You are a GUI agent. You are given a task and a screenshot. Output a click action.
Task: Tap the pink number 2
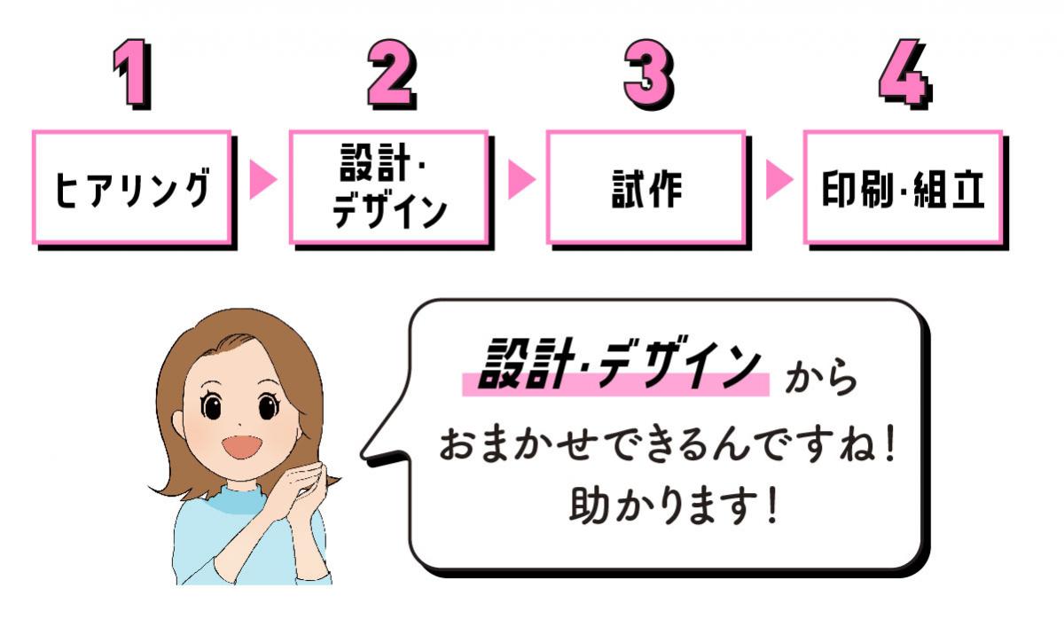click(391, 74)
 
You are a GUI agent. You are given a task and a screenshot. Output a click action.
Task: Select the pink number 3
click(648, 74)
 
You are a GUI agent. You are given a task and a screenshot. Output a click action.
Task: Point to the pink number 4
click(904, 74)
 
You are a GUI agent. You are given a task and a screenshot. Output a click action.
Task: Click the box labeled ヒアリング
click(132, 187)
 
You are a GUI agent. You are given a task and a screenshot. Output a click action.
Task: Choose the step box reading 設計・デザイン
click(388, 187)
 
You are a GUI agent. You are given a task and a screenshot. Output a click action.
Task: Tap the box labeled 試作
click(645, 187)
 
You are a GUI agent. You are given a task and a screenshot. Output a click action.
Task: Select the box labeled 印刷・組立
click(902, 187)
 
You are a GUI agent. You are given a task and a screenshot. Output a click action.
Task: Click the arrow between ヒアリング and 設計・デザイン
click(262, 180)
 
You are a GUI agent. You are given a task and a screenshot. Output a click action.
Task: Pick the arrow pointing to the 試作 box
click(520, 180)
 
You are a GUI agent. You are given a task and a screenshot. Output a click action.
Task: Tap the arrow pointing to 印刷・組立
click(777, 180)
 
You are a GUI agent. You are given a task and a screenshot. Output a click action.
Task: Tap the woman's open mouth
click(241, 445)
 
